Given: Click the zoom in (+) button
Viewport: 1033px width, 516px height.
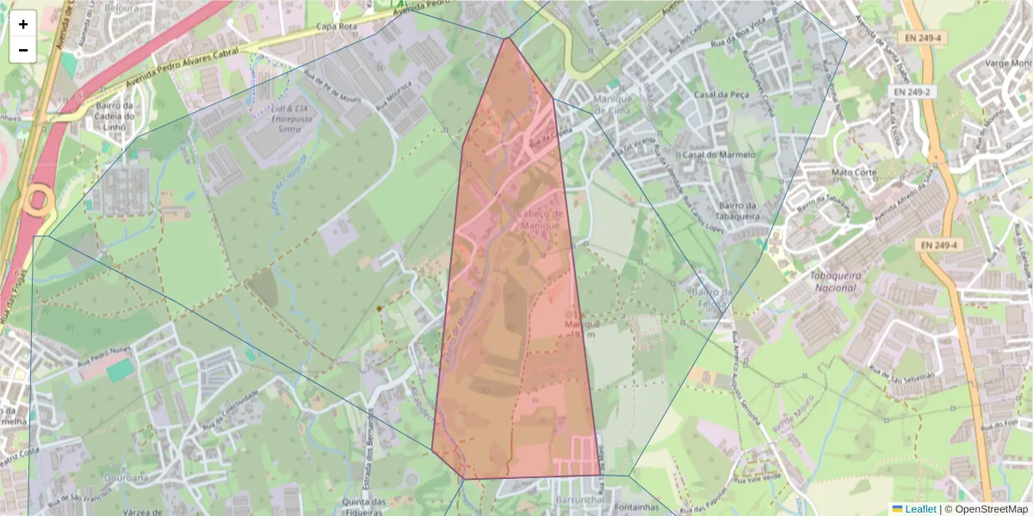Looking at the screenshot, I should pyautogui.click(x=23, y=24).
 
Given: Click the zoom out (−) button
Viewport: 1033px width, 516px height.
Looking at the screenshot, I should pyautogui.click(x=23, y=50).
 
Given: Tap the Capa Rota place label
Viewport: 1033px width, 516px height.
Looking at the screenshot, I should pyautogui.click(x=337, y=27).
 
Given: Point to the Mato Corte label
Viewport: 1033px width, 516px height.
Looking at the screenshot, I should pyautogui.click(x=851, y=172).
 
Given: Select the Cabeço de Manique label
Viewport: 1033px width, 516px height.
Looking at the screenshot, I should pyautogui.click(x=541, y=219).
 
